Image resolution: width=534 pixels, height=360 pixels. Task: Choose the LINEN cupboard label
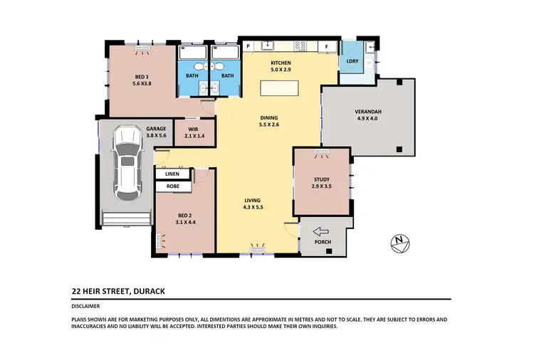[x=172, y=174]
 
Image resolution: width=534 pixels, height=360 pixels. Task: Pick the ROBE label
[x=172, y=186]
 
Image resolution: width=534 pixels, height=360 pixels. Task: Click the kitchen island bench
[x=281, y=88]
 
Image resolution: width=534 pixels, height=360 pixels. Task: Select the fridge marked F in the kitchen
[x=327, y=47]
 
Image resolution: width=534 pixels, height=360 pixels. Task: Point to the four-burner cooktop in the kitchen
[x=301, y=46]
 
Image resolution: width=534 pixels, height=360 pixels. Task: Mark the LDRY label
[x=352, y=61]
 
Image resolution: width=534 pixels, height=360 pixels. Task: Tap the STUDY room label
[x=323, y=179]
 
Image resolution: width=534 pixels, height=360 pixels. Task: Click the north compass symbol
[x=399, y=243]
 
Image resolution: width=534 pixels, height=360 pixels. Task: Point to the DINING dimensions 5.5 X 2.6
[x=268, y=125]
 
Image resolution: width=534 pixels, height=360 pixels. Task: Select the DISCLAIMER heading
[x=86, y=306]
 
